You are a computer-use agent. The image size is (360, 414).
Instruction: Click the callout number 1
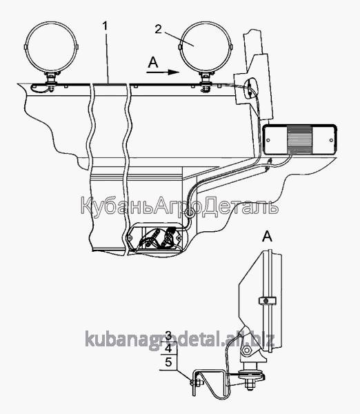click(106, 26)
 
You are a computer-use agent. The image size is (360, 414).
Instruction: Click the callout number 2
click(158, 29)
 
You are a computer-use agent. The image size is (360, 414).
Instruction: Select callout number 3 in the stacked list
click(169, 335)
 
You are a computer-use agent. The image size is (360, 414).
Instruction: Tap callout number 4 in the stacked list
click(169, 348)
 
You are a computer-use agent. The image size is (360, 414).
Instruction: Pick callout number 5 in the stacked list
click(169, 362)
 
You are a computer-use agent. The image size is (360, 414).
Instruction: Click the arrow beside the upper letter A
click(163, 72)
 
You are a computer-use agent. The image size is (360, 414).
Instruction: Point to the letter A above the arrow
click(153, 63)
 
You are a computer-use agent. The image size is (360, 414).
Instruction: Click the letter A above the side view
click(267, 236)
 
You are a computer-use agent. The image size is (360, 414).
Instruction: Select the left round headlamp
click(52, 47)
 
